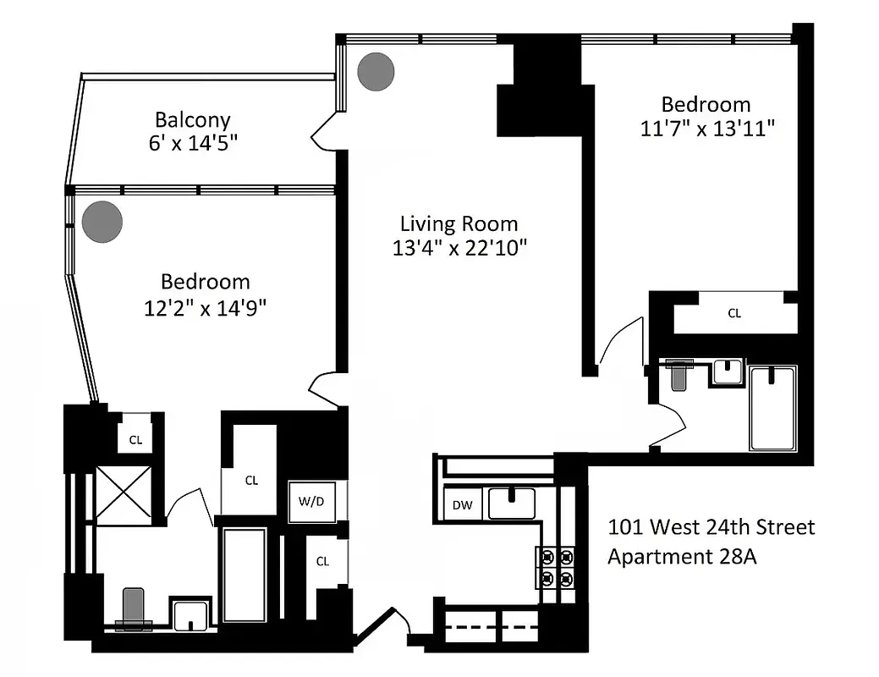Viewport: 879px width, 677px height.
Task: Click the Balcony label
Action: point(192,120)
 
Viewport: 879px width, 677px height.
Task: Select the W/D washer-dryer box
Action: point(310,501)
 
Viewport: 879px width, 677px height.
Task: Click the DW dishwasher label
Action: point(462,505)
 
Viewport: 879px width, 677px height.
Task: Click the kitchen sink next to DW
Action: point(511,504)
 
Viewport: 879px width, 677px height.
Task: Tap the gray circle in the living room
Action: point(376,73)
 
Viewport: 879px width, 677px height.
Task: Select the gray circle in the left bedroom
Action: point(102,222)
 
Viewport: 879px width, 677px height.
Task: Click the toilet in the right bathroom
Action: point(679,373)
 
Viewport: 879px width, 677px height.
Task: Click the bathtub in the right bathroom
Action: point(772,408)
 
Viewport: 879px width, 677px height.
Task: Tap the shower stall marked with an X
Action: point(124,494)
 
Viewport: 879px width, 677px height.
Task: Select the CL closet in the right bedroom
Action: point(734,313)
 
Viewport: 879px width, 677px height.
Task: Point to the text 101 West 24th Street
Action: point(711,527)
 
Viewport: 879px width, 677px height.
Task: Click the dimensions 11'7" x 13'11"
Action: point(706,128)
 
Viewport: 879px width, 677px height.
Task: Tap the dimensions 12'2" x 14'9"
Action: point(206,305)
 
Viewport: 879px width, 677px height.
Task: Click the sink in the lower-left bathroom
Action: point(192,614)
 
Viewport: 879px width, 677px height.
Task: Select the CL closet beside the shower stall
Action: point(135,439)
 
